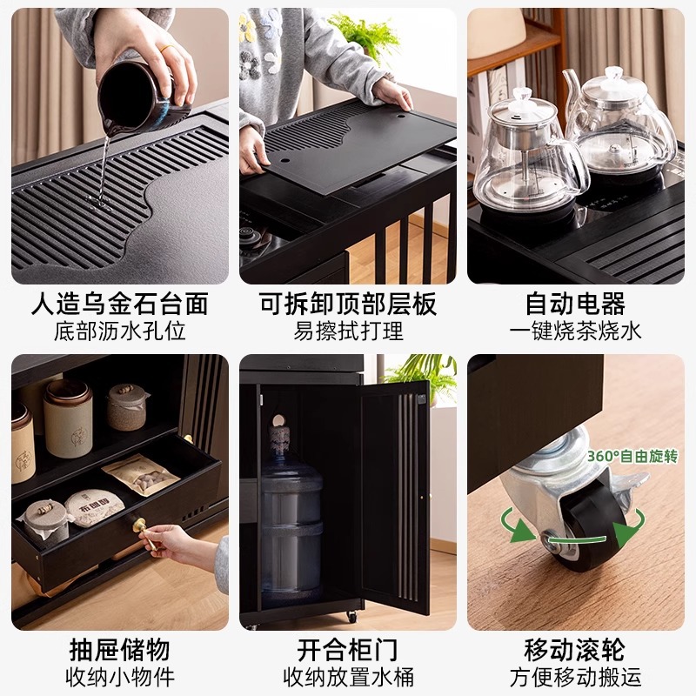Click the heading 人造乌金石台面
120,304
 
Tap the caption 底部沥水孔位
120,331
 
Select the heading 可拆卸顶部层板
348,304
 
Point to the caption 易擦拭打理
348,331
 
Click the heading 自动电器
575,304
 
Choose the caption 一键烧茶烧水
575,331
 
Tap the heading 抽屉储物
120,649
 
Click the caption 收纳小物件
120,676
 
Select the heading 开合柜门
348,649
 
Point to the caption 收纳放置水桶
348,676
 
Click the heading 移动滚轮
575,649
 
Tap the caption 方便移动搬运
575,676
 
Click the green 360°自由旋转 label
631,457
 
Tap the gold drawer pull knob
139,525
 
